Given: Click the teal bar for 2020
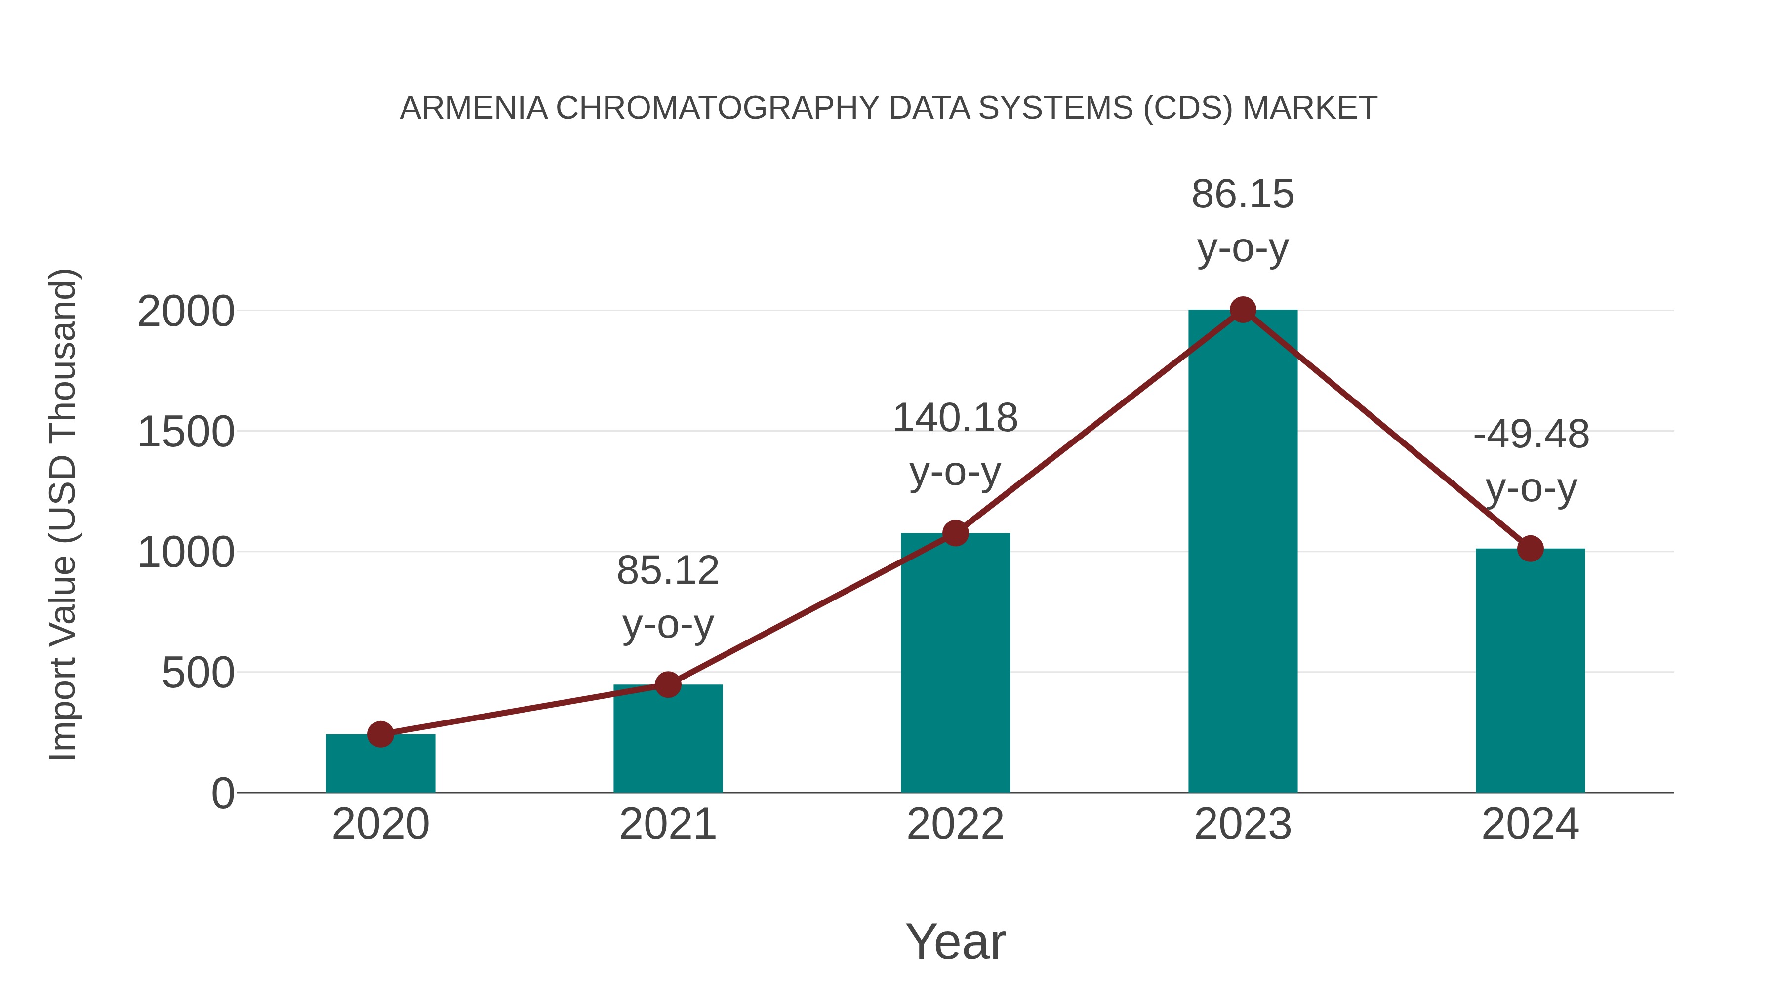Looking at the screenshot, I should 380,764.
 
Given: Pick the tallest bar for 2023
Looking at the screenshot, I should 1243,552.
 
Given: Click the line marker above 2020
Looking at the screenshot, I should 380,734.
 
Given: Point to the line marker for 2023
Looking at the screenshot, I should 1243,310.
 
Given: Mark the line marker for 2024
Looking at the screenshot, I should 1530,549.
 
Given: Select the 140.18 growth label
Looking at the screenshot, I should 955,444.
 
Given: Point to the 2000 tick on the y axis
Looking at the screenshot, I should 186,312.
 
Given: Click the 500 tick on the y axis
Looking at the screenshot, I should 198,673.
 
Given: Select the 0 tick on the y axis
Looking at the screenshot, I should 223,794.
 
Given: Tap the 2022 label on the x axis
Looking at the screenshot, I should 955,824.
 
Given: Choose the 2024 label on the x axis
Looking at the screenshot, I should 1530,824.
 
